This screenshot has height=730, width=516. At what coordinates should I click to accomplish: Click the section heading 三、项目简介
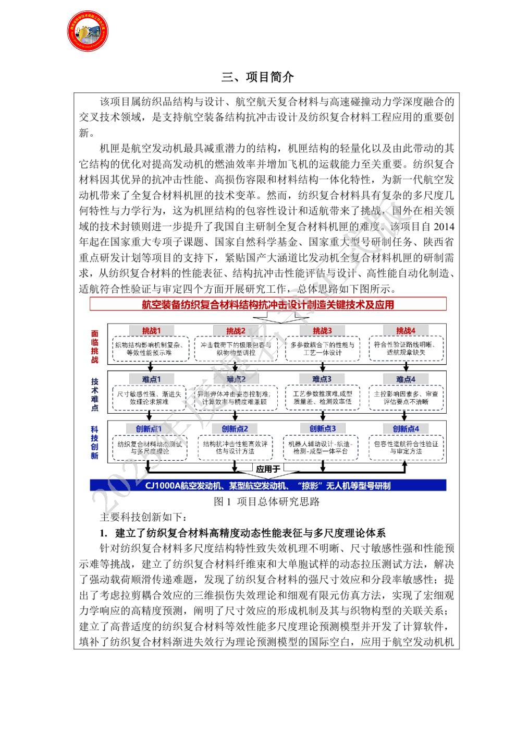[x=257, y=77]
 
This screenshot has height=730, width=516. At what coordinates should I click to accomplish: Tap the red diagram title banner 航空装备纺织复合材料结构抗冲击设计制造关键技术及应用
[x=268, y=305]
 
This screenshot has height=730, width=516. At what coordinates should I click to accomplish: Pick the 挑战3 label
[x=322, y=330]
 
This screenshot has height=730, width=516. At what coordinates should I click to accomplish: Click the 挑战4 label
[x=406, y=330]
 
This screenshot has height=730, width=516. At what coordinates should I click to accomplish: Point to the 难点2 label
[x=236, y=379]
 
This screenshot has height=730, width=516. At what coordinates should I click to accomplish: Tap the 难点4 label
[x=406, y=379]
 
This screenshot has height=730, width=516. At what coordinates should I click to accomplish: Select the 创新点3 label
[x=322, y=428]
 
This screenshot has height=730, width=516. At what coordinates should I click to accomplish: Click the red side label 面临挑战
[x=94, y=346]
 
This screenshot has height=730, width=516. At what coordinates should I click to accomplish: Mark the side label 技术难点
[x=94, y=394]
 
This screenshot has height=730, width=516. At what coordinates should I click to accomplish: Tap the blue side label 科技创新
[x=94, y=442]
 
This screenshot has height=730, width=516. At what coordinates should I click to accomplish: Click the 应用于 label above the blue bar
[x=268, y=469]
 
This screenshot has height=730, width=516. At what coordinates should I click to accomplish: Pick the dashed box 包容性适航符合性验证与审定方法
[x=406, y=447]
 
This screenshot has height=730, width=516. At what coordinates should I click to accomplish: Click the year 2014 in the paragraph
[x=444, y=227]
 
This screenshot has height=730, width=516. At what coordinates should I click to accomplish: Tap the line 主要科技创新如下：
[x=142, y=517]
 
